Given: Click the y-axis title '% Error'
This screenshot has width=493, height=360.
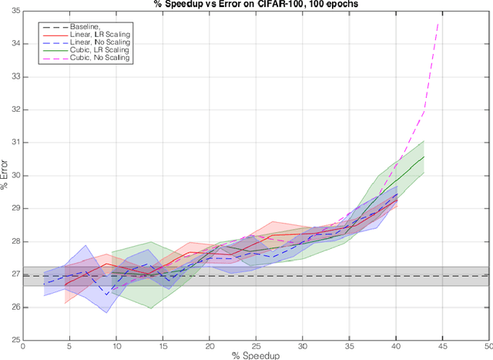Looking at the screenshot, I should tap(5, 176).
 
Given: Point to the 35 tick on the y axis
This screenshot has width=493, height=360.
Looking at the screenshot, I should tap(15, 12).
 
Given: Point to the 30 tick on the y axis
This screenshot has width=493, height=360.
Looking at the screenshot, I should tap(15, 176).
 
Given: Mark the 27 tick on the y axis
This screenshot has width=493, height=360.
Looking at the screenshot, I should tap(15, 274).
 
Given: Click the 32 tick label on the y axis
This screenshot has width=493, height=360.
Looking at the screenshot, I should tap(15, 110).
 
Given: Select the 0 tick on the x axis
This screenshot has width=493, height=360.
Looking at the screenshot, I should tap(23, 346).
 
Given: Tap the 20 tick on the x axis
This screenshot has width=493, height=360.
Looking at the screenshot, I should tap(210, 346).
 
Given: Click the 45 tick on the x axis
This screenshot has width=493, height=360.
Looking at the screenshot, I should tap(442, 346).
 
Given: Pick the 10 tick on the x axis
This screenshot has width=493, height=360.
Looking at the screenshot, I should tap(116, 346).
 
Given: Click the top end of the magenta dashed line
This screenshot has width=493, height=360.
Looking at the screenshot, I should tap(438, 24).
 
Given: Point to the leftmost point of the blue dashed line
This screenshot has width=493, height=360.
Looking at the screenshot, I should tap(44, 284).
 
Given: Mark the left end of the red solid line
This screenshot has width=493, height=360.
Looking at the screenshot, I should tap(65, 284).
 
